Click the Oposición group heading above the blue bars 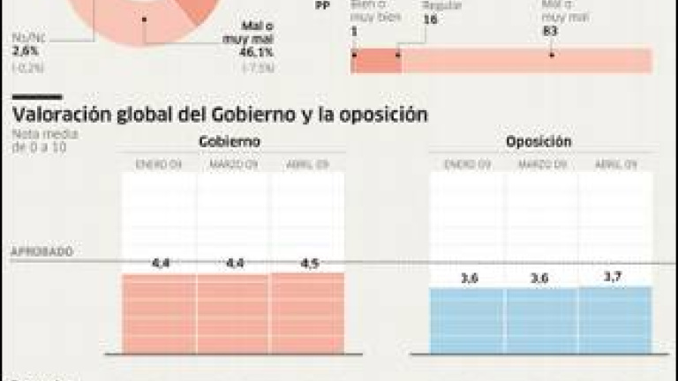pyautogui.click(x=539, y=142)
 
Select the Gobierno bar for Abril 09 pyautogui.click(x=307, y=313)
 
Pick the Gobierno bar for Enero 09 pyautogui.click(x=159, y=314)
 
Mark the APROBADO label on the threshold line pyautogui.click(x=41, y=251)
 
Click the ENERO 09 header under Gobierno pyautogui.click(x=158, y=164)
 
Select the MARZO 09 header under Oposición pyautogui.click(x=540, y=164)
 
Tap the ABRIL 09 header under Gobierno pyautogui.click(x=307, y=164)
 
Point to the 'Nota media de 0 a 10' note pyautogui.click(x=44, y=140)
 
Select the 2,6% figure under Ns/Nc pyautogui.click(x=25, y=52)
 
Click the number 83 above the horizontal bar pyautogui.click(x=552, y=32)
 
